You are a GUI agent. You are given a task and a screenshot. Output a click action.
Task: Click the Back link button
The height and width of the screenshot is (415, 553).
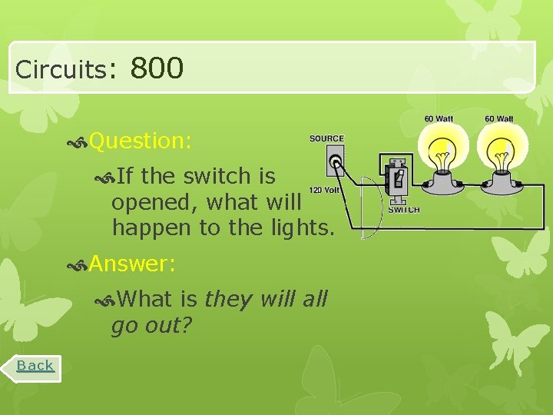tap(36, 366)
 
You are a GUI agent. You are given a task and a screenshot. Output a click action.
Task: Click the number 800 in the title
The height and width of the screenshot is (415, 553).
tap(157, 68)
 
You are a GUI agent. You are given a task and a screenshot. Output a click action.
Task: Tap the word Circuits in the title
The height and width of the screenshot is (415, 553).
tap(61, 70)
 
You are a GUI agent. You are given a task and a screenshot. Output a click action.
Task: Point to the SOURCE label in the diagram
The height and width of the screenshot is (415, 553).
tap(326, 139)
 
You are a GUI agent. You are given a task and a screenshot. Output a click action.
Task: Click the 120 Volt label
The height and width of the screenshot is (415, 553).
tap(323, 191)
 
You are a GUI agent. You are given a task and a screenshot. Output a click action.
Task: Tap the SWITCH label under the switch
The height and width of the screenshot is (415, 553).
tap(404, 210)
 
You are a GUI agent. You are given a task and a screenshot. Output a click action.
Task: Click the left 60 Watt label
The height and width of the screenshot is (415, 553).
tap(439, 119)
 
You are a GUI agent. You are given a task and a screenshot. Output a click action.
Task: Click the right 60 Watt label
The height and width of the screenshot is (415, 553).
tap(499, 119)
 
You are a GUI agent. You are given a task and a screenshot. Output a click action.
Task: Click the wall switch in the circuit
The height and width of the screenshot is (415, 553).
tap(396, 181)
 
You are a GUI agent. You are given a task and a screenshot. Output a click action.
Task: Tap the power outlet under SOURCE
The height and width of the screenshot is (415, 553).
tap(336, 162)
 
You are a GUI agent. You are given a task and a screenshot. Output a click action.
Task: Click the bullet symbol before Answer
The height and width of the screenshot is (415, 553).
tap(77, 265)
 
